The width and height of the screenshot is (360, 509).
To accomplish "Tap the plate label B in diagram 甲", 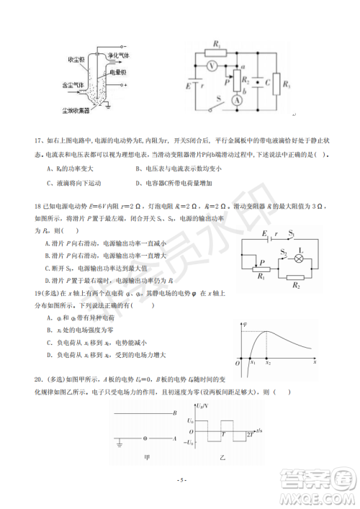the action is pos(174,413).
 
